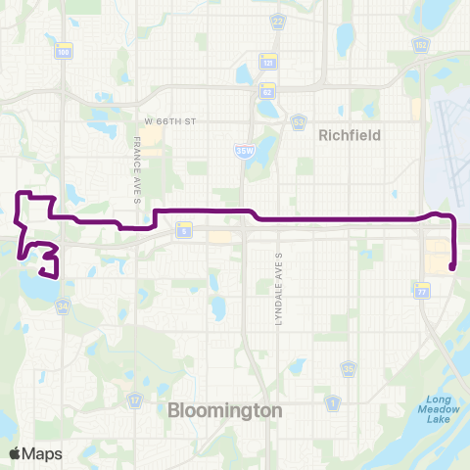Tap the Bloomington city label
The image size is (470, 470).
click(x=225, y=409)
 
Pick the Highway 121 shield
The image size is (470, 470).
click(x=265, y=60)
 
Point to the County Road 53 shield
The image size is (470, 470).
click(x=296, y=121)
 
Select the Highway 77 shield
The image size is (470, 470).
click(x=423, y=292)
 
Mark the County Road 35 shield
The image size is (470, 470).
click(x=349, y=368)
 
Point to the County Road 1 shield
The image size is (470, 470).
click(x=334, y=402)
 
